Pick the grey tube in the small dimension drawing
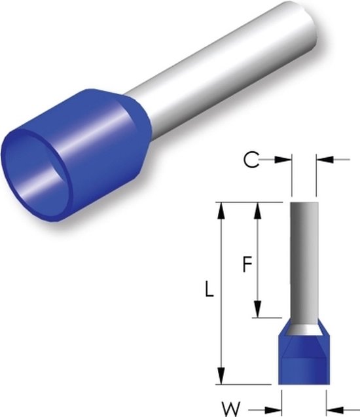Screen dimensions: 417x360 tap(303, 262)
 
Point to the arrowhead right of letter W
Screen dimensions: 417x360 tap(274, 409)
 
